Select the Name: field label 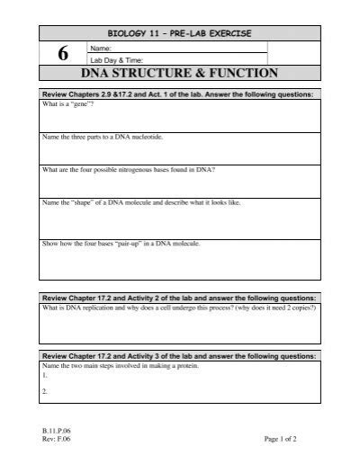click(100, 47)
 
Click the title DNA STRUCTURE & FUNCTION click(180, 74)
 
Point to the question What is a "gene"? click(69, 104)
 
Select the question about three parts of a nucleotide click(103, 137)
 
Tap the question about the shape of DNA click(142, 202)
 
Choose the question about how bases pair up click(121, 243)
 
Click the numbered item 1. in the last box click(45, 379)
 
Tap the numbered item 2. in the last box click(45, 392)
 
